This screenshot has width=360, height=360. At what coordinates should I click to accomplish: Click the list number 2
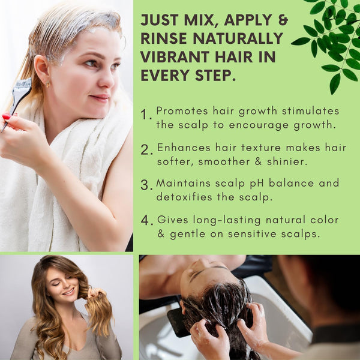(x=146, y=150)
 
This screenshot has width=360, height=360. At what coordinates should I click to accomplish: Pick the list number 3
(x=146, y=185)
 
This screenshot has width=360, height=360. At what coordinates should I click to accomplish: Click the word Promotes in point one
(x=178, y=111)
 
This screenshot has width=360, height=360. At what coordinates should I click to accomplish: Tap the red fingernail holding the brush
(x=7, y=116)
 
